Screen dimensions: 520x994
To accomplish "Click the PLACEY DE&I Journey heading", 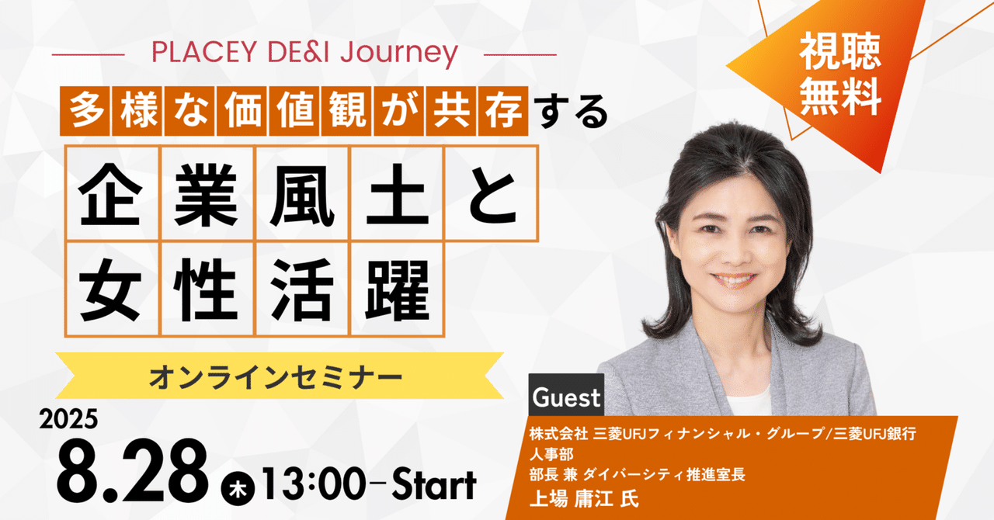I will pos(304,53).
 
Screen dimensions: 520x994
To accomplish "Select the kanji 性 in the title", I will pos(207,289).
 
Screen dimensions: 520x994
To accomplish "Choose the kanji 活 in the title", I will pos(302,289).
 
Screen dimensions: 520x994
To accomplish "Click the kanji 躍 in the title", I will pos(397,289).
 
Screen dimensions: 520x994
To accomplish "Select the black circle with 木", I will pos(235,489).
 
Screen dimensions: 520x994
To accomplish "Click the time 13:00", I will pos(310,485).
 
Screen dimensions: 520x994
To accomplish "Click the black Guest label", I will pos(566,398).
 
